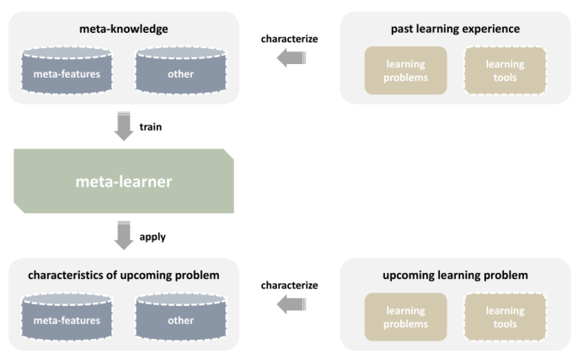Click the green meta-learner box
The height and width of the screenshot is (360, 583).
(124, 181)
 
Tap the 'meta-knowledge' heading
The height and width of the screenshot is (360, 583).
(124, 29)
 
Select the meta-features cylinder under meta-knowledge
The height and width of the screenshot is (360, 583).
(67, 70)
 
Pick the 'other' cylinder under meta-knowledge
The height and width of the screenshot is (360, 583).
(180, 70)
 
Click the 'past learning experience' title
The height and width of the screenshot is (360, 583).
(455, 29)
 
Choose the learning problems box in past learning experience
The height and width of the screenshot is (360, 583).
(405, 70)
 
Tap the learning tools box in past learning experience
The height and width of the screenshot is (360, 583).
(505, 70)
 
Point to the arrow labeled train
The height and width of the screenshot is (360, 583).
(124, 126)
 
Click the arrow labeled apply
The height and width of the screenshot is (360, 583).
(124, 235)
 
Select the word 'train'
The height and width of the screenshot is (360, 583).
(151, 126)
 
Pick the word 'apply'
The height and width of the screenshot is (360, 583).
(152, 237)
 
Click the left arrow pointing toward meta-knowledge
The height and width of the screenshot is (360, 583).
(291, 58)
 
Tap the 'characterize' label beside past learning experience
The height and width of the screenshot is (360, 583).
(289, 39)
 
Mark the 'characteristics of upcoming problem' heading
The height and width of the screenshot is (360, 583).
(124, 275)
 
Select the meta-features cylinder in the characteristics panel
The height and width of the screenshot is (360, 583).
(67, 317)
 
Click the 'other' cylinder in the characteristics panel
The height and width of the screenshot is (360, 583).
(180, 317)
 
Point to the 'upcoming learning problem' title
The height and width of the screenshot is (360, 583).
(455, 275)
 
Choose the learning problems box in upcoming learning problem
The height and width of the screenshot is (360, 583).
(405, 317)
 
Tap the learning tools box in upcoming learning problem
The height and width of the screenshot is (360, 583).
(505, 317)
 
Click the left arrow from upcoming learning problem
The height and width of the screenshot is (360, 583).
(291, 304)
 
